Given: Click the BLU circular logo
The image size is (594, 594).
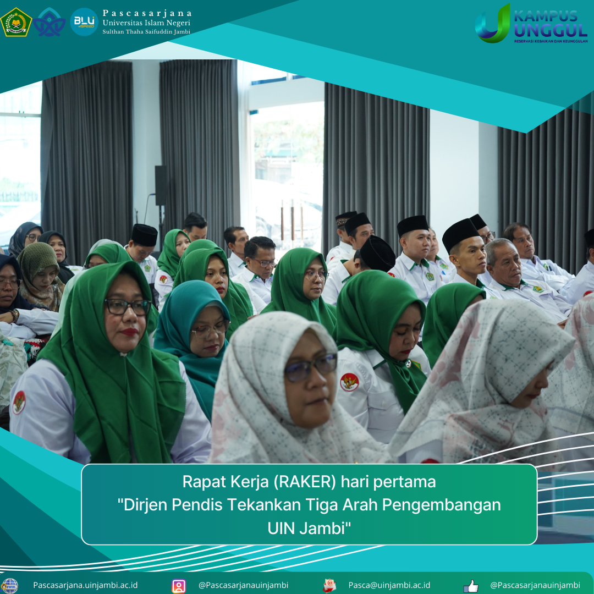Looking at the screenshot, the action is click(x=84, y=22).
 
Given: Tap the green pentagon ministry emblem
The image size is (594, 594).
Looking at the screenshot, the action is click(x=16, y=23).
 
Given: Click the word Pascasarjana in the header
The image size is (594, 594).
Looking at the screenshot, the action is click(x=147, y=13).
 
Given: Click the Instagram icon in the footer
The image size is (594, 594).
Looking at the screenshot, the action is click(x=179, y=586).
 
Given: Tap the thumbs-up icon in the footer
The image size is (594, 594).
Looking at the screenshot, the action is click(x=471, y=586).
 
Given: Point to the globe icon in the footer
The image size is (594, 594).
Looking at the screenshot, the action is click(x=9, y=586).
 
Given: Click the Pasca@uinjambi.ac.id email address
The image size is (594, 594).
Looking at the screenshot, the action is click(x=389, y=585).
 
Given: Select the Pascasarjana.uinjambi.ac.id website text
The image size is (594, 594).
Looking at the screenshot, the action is click(x=85, y=585).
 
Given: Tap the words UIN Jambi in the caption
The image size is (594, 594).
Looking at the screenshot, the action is click(x=309, y=528).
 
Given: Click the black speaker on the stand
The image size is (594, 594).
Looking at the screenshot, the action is click(x=160, y=186).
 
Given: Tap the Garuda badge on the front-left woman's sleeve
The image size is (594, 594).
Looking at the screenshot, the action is click(x=19, y=402).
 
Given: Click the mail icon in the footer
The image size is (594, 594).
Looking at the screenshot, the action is click(x=329, y=586).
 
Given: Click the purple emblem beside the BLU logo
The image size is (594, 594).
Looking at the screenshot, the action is click(x=50, y=22).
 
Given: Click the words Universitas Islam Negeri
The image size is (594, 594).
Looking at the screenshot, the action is click(x=146, y=23).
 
